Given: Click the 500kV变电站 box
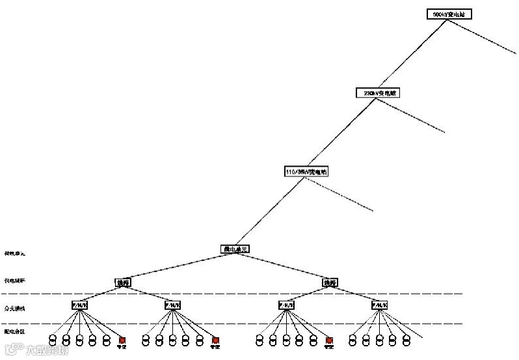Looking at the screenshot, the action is pos(446,14).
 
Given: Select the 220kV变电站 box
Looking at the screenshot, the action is pos(378,92).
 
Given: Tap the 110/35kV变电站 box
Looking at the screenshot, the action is pos(307,172).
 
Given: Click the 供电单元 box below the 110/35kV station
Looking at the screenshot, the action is pos(235,249).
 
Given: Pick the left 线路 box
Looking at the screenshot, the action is pos(123,283).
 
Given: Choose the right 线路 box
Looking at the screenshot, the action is pos(330,283).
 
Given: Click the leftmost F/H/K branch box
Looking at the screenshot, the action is pos(79,305).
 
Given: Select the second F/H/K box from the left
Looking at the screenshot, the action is pos(172,305).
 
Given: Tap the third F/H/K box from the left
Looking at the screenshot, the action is pos(286,305).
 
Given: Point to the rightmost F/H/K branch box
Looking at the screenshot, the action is pos(379,305).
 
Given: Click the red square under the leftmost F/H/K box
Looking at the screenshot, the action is pos(122,340).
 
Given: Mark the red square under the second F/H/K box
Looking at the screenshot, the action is pos(216,340).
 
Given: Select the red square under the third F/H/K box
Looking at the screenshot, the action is pos(329,340).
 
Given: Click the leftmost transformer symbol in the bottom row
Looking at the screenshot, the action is pos(53,340).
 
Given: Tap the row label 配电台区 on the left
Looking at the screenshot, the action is pos(14,331).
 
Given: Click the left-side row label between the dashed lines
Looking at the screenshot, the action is pos(14,307).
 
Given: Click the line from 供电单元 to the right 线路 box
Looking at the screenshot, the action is pos(283,266).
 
